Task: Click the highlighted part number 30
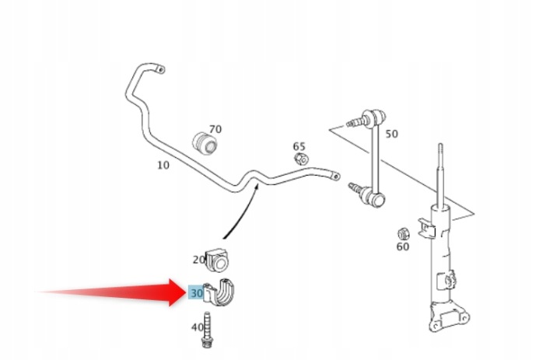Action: tap(197, 293)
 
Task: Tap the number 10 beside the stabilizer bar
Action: tap(163, 166)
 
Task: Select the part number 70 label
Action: tap(215, 129)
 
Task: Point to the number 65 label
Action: tap(299, 146)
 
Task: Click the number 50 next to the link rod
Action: tap(391, 134)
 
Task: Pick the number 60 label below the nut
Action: tap(403, 246)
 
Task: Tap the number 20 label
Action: tap(199, 260)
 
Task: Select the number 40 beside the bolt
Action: tap(197, 327)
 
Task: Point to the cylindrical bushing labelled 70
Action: tap(205, 144)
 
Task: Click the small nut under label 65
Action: tap(302, 159)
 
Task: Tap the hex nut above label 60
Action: tap(404, 234)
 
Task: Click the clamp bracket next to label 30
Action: tap(222, 292)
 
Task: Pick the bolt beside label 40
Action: tap(207, 330)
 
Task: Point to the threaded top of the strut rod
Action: tap(440, 154)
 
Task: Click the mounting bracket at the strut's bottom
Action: tap(450, 316)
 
